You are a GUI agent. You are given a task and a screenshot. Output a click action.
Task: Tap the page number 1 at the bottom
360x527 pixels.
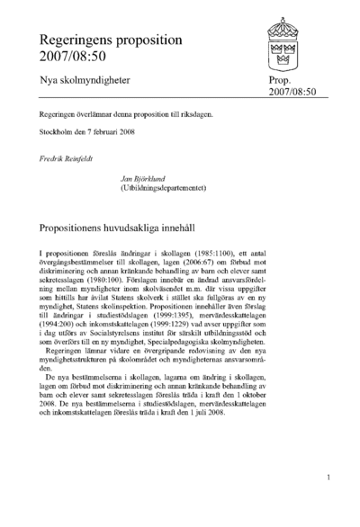(331, 478)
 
